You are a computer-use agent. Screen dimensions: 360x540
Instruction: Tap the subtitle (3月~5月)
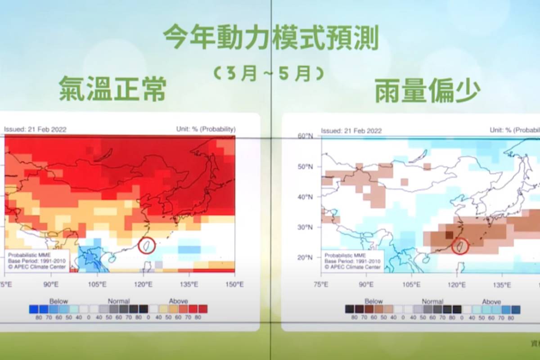[x=269, y=73]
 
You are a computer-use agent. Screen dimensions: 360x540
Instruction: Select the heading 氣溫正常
[x=112, y=89]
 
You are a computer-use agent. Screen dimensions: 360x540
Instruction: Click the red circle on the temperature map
[x=146, y=245]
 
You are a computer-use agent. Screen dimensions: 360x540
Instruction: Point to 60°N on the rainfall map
[x=306, y=136]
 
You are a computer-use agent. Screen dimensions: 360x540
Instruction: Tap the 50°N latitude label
[x=306, y=166]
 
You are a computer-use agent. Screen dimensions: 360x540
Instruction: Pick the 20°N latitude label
[x=306, y=257]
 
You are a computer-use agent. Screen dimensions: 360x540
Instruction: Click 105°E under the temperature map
[x=97, y=284]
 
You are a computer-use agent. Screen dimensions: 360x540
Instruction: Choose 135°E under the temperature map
[x=189, y=284]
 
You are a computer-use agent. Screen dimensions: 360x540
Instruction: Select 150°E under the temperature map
[x=234, y=284]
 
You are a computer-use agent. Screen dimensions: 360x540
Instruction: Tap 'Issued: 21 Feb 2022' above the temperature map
[x=36, y=130]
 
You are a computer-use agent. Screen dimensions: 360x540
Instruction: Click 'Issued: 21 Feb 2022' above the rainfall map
[x=351, y=131]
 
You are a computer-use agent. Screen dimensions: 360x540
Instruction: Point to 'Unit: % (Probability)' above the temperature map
[x=206, y=130]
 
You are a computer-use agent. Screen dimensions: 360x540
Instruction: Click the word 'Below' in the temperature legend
[x=59, y=301]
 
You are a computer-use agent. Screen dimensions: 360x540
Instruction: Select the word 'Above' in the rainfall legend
[x=491, y=301]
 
